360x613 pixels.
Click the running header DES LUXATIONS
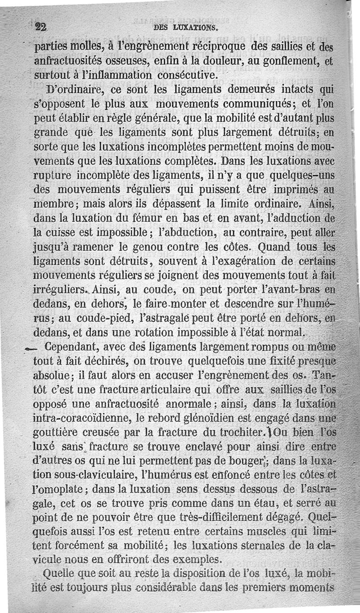click(186, 27)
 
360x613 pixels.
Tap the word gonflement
click(288, 61)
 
